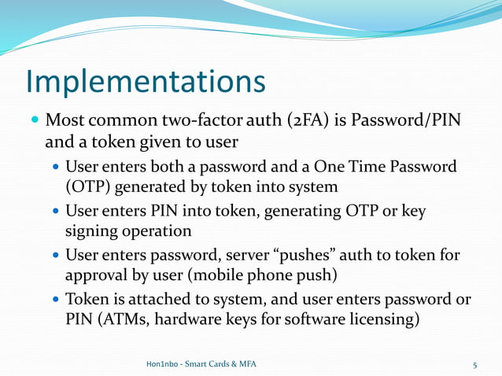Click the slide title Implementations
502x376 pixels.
pos(146,82)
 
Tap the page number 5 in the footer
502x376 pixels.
pos(475,364)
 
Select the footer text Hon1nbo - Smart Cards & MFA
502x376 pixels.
pos(201,364)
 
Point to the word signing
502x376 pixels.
pos(90,232)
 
